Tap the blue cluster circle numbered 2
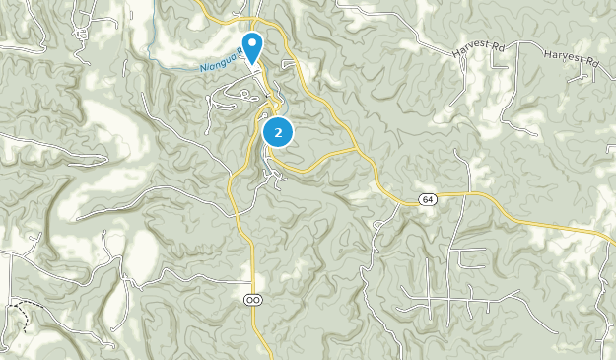(x=279, y=132)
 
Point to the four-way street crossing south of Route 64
(x=448, y=297)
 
